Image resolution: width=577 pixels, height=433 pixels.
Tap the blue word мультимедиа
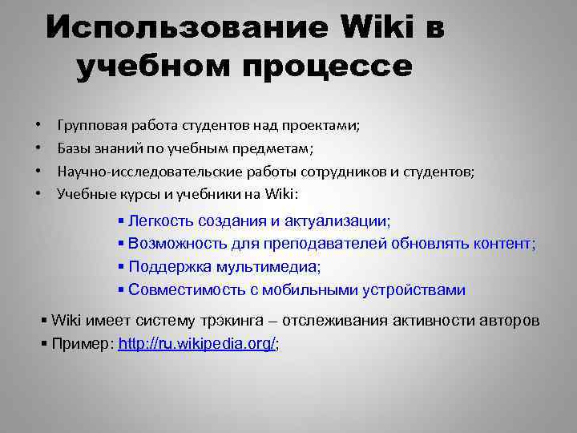point(256,267)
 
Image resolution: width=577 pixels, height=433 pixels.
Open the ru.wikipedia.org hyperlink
point(196,344)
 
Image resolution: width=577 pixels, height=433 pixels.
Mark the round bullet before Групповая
point(38,127)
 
